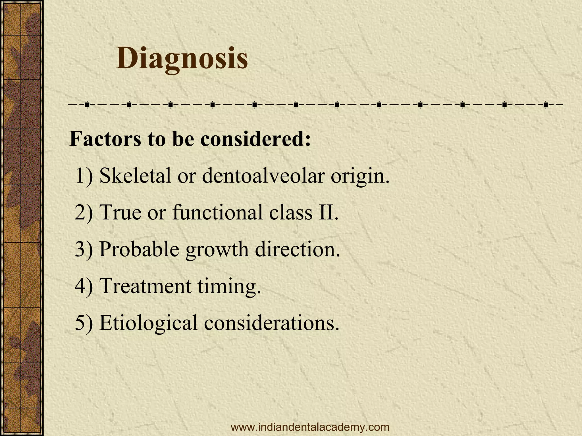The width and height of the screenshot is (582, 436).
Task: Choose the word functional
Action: tap(217, 212)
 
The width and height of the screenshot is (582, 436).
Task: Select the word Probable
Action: tap(139, 249)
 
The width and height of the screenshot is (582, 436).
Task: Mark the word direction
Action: tap(297, 249)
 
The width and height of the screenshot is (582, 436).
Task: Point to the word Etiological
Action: tap(148, 323)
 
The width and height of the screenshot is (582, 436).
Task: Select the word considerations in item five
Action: tap(271, 323)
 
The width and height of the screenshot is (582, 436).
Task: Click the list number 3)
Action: tap(84, 249)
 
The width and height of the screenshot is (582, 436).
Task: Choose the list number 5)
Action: tap(84, 323)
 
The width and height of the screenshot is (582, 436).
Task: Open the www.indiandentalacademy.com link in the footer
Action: tap(310, 427)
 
